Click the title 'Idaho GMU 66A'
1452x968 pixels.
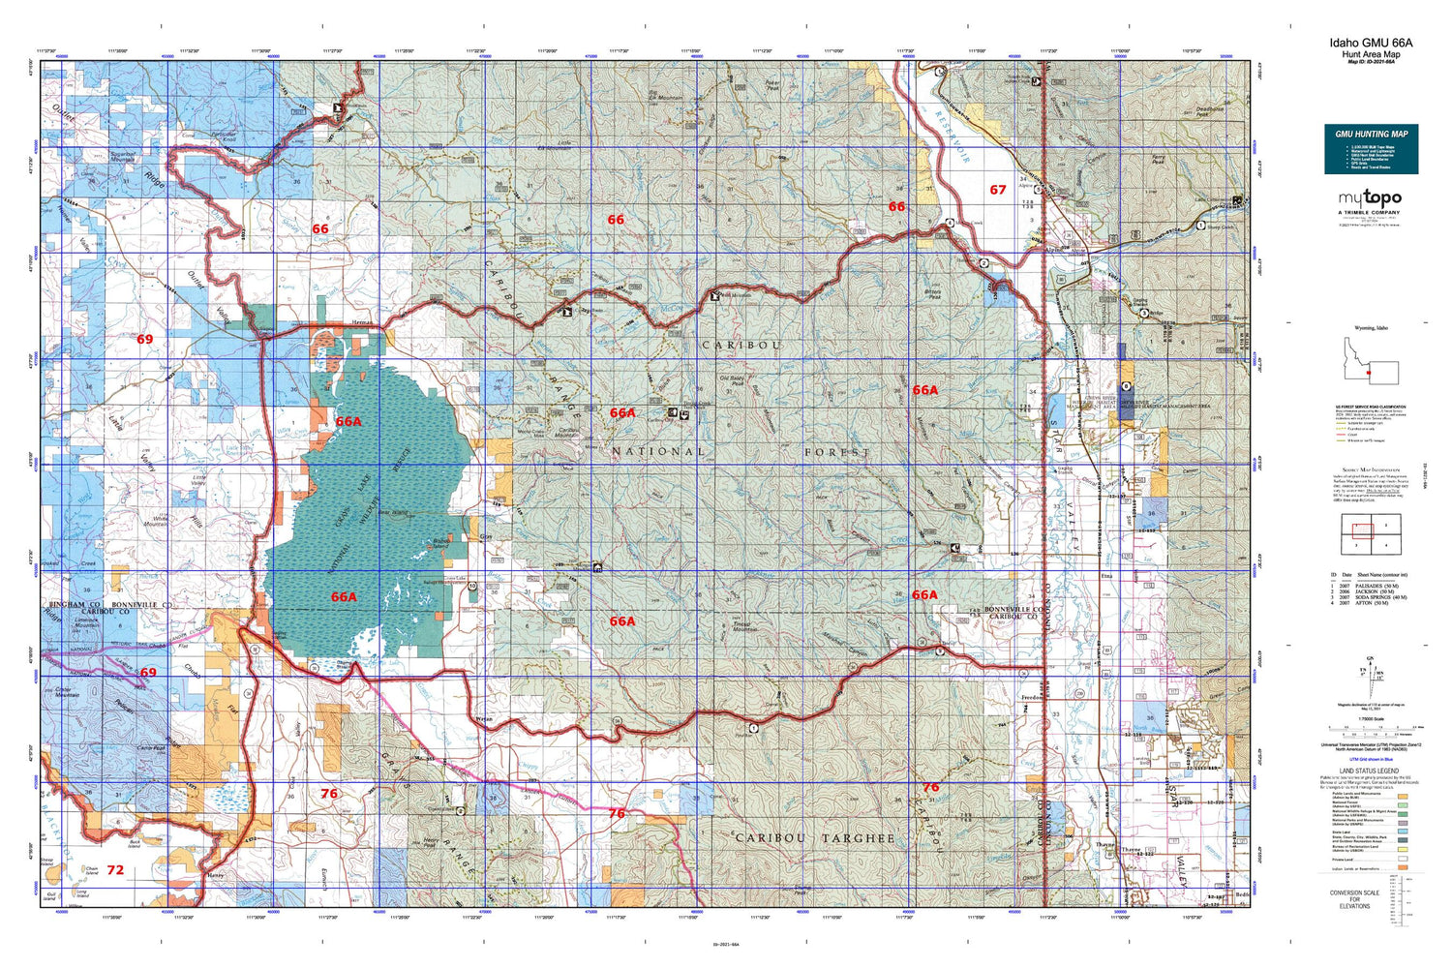[1370, 43]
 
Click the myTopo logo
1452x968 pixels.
[1370, 198]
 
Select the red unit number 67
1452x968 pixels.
[997, 190]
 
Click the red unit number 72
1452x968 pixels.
[115, 870]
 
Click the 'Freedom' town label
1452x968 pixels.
[1031, 697]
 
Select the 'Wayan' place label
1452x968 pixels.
[485, 719]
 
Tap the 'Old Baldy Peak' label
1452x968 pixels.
[732, 380]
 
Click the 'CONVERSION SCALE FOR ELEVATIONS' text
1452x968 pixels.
[1354, 899]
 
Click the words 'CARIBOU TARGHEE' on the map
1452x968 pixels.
[814, 837]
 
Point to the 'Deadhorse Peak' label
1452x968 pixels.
[1209, 112]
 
